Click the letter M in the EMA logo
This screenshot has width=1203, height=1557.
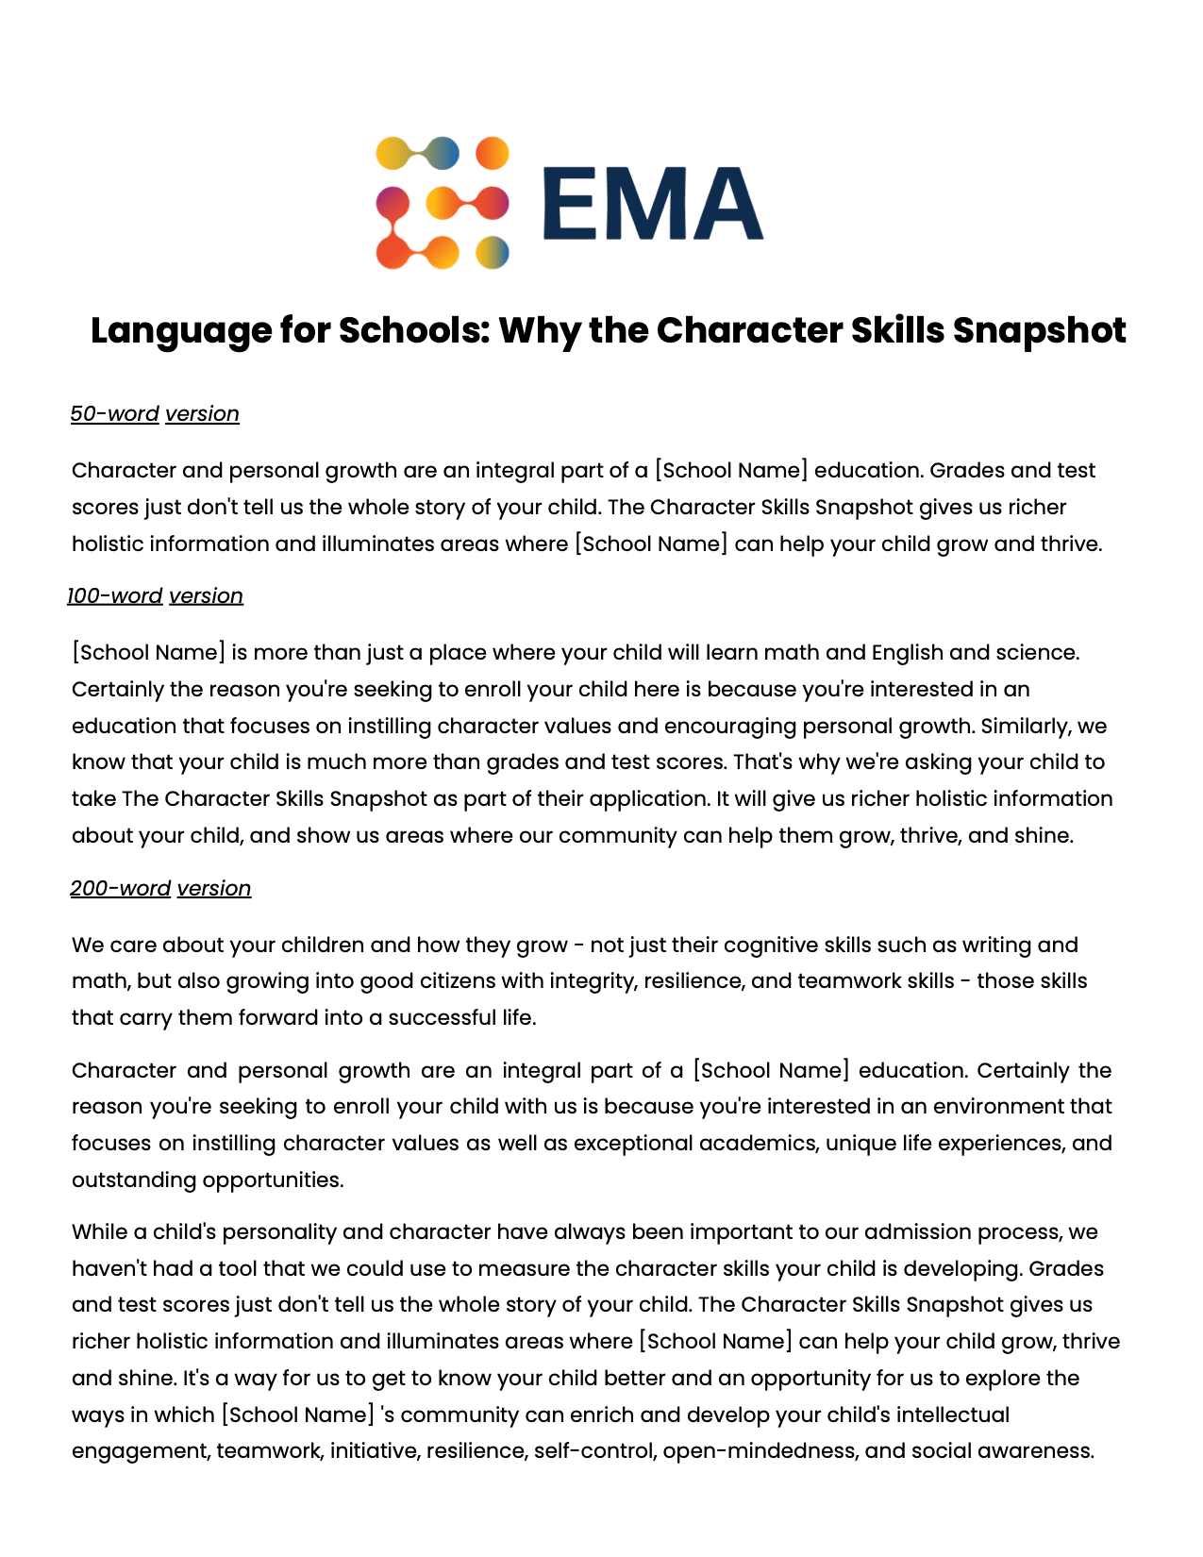point(653,204)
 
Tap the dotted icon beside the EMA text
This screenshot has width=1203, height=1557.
point(442,203)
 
